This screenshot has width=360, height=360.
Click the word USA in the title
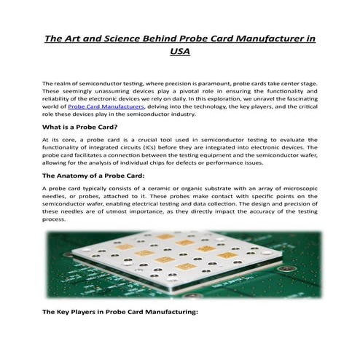pyautogui.click(x=179, y=52)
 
